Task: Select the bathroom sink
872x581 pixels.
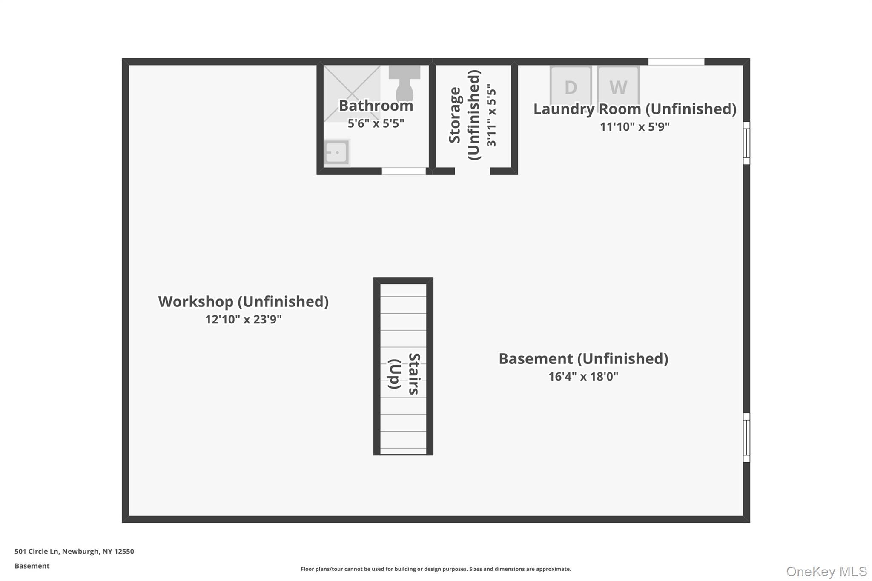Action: click(336, 152)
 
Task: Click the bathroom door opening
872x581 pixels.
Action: click(404, 171)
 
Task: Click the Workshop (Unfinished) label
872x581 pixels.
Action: click(243, 301)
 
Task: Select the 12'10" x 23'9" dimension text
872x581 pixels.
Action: click(243, 319)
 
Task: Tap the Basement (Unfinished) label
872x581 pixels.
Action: click(583, 358)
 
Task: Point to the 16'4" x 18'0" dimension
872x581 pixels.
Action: click(583, 376)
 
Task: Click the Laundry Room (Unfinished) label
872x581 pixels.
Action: click(634, 109)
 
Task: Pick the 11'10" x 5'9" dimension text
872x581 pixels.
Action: click(634, 126)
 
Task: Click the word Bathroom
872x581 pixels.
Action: click(376, 106)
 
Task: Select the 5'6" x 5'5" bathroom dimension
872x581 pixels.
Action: click(376, 123)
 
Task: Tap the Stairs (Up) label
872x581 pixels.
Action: click(404, 374)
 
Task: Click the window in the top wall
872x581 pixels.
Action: click(676, 62)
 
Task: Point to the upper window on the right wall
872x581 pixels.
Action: click(746, 143)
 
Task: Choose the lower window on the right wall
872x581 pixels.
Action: click(746, 437)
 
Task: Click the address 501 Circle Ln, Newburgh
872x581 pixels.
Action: click(74, 551)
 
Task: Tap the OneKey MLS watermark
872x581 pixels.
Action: click(826, 571)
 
